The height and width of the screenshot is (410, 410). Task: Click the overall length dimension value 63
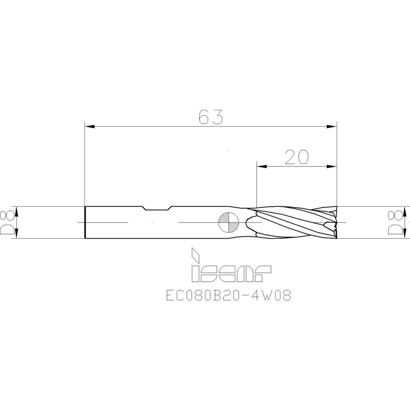210,117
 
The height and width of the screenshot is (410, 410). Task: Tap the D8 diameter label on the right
395,222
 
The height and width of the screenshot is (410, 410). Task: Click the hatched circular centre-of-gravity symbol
228,222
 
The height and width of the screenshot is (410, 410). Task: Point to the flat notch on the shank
157,209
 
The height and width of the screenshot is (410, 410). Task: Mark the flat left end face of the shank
85,222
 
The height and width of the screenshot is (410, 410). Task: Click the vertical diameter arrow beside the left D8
16,222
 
